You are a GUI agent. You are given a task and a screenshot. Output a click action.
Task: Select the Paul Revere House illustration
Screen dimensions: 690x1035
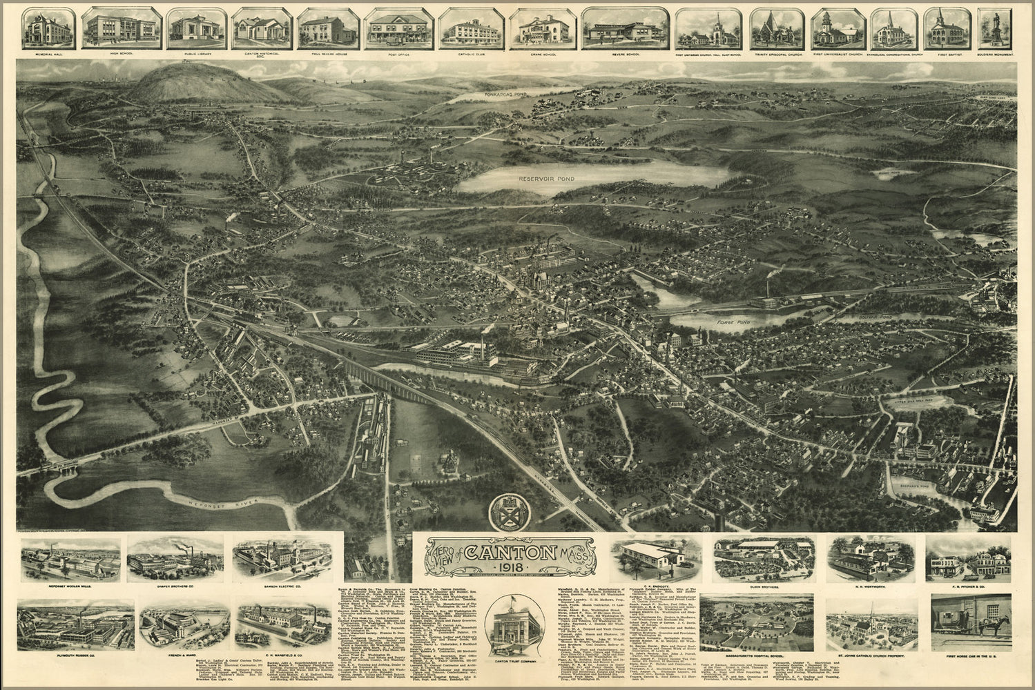pos(323,28)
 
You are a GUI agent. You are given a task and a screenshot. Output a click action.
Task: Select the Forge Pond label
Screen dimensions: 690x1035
pos(732,322)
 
